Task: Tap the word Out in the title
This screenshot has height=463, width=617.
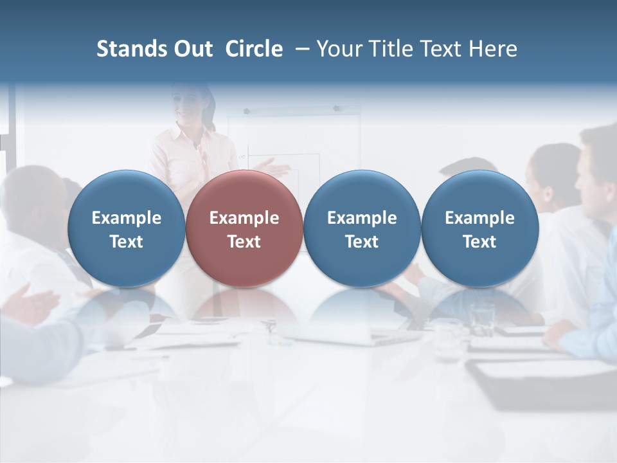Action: (x=192, y=49)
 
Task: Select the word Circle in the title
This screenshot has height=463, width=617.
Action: (x=254, y=49)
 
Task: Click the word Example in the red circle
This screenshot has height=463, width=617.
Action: (x=244, y=218)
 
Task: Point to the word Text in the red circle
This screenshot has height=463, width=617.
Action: (x=244, y=242)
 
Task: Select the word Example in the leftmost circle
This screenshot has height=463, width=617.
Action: (x=126, y=218)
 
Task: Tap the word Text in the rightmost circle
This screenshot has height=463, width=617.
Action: (x=479, y=242)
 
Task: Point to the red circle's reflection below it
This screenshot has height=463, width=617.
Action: (x=244, y=305)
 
